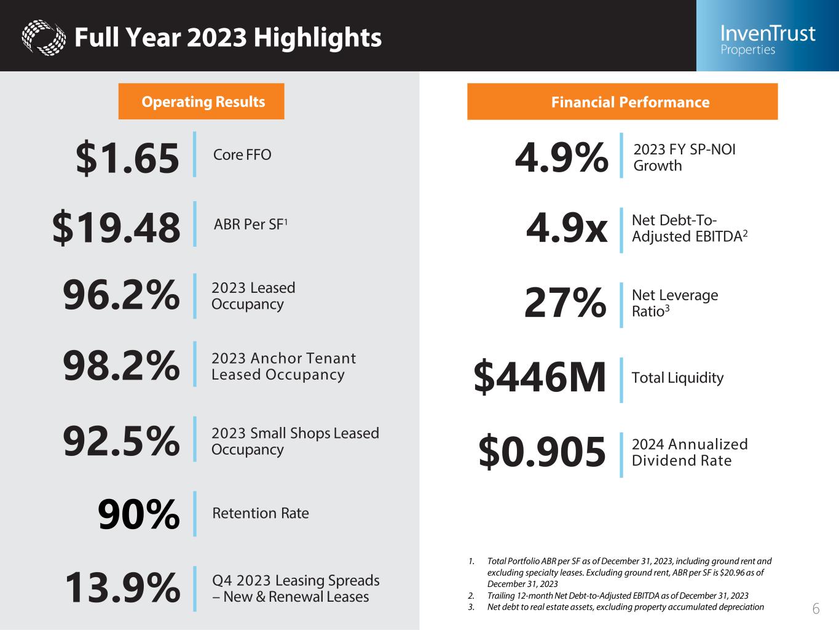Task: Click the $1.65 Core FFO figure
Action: pyautogui.click(x=127, y=157)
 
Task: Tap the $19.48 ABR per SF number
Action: pyautogui.click(x=116, y=227)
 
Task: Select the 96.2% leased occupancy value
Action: pyautogui.click(x=121, y=295)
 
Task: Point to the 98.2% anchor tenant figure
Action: pyautogui.click(x=121, y=365)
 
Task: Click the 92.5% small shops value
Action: pyautogui.click(x=121, y=441)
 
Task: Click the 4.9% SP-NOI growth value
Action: pyautogui.click(x=561, y=157)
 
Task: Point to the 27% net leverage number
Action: pyautogui.click(x=565, y=303)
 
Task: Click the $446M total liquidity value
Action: pyautogui.click(x=540, y=378)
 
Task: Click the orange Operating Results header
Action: pyautogui.click(x=202, y=102)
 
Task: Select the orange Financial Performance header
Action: pyautogui.click(x=622, y=102)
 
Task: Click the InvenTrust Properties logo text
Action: pyautogui.click(x=767, y=39)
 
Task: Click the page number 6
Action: pyautogui.click(x=816, y=609)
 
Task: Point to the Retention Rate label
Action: pyautogui.click(x=260, y=513)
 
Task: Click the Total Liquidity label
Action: pyautogui.click(x=677, y=377)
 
